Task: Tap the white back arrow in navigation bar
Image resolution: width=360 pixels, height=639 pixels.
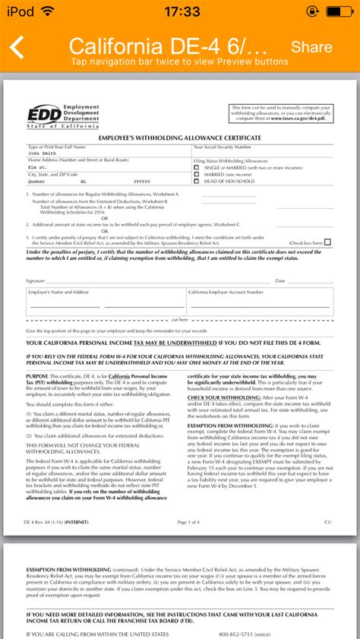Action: tap(17, 47)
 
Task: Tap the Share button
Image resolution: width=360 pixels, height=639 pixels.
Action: tap(311, 47)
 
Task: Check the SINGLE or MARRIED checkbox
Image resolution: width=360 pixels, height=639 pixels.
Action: tap(197, 167)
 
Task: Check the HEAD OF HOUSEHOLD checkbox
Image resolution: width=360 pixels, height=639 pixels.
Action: tap(197, 181)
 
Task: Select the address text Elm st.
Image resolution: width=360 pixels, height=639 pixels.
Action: tap(37, 167)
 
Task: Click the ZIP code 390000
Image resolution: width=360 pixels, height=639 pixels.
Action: tap(142, 182)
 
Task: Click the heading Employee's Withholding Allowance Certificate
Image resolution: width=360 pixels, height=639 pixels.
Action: tap(179, 137)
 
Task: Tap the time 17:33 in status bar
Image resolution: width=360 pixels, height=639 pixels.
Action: tap(180, 11)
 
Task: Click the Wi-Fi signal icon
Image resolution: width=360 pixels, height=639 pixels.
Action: tap(47, 11)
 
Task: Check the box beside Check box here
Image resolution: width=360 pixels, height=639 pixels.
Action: tap(327, 242)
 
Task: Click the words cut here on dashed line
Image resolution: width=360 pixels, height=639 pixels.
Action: tap(179, 320)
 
